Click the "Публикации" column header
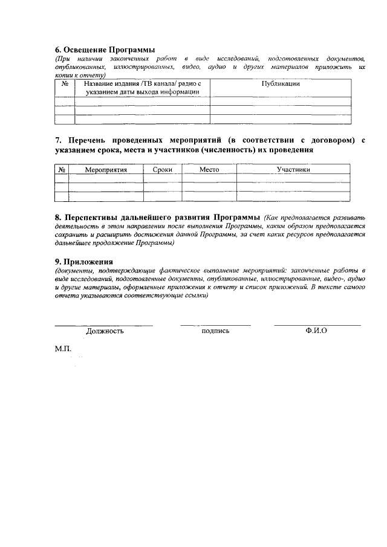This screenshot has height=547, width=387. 281,84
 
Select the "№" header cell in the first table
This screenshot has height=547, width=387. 64,84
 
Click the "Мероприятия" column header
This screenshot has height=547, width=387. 106,170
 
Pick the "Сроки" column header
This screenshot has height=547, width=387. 163,170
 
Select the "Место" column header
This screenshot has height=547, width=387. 209,170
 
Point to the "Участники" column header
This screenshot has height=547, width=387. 293,170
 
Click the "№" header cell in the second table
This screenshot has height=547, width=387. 62,170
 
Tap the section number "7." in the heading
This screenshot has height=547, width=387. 58,140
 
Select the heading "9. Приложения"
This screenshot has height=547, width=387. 84,261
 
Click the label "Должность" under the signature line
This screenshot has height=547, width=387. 105,331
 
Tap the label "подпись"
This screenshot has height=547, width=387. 215,331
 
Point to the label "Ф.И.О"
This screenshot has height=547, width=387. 317,331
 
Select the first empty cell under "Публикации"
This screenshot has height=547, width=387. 281,101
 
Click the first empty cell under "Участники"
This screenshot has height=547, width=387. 293,178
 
